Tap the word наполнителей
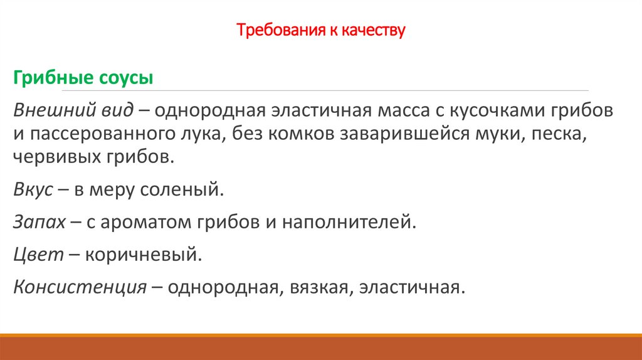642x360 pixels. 349,222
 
